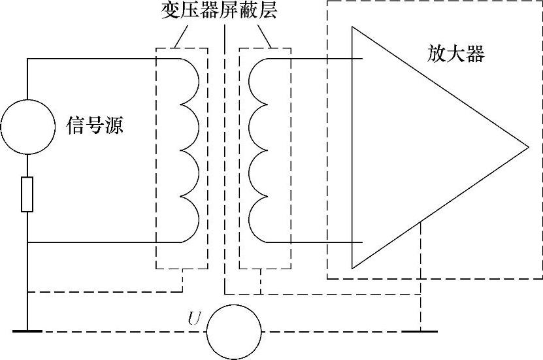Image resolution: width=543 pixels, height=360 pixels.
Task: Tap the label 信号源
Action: coord(95,125)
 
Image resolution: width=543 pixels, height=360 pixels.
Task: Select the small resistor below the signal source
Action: coord(27,194)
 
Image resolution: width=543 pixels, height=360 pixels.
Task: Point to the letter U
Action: coord(194,319)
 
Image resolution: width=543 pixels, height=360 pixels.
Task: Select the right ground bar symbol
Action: coord(421,331)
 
